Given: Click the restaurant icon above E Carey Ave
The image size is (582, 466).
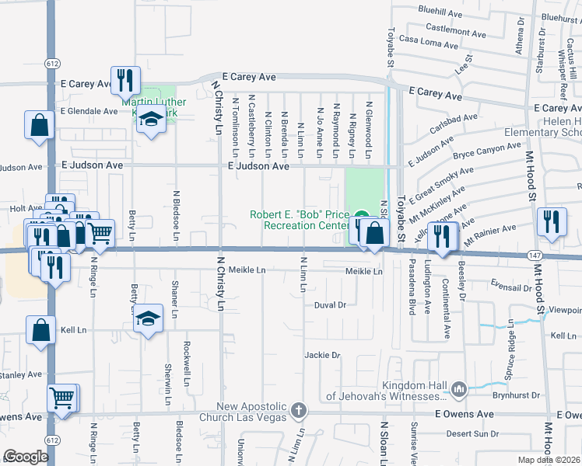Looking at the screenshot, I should coord(125,80).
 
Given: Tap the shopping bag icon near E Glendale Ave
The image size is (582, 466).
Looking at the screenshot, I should coord(39,125).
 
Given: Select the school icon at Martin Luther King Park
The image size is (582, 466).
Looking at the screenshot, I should coord(151,119).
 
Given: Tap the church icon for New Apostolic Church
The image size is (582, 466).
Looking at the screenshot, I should coord(296,409).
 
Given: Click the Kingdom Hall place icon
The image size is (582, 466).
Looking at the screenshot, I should coord(458,390).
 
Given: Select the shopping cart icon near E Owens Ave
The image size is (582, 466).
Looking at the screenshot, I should coord(62,398).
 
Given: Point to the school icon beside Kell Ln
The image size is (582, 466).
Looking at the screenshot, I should coord(147,318).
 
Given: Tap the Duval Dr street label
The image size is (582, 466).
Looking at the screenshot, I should coord(330,305).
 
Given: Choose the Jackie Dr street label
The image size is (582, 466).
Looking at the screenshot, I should coord(323,356).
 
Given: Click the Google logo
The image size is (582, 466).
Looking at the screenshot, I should coord(27,457).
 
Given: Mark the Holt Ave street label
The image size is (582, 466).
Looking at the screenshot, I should coord(26,208).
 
